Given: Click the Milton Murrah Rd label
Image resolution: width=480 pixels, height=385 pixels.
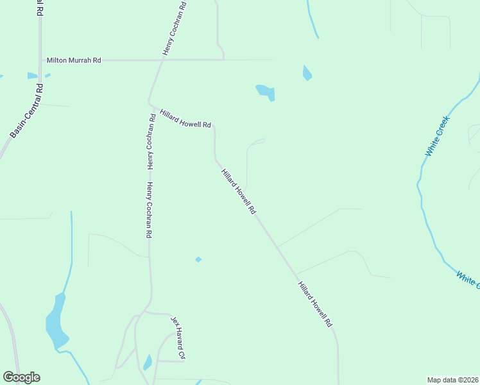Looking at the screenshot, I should coord(74,60).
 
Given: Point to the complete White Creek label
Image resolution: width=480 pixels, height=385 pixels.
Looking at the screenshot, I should coord(438,135).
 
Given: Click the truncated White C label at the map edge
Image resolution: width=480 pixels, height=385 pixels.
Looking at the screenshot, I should coord(468,279).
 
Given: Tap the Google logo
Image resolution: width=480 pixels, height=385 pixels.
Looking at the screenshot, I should coord(21,377).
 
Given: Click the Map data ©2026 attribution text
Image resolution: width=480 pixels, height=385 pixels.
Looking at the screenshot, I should coord(452,379).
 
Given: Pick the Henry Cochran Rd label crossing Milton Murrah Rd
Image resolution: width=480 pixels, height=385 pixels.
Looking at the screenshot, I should coord(173,29).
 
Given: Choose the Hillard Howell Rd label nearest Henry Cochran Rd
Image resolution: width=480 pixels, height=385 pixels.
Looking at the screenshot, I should coord(185,117).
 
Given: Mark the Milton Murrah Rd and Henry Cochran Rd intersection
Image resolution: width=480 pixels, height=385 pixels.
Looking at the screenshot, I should coord(161,60).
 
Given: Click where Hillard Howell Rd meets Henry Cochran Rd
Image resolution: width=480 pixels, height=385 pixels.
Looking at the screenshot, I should coord(150,101).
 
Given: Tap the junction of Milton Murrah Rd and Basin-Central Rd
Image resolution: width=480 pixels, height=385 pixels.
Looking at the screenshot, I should coord(40,60).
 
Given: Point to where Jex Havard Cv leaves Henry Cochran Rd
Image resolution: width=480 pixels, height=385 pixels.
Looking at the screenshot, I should coord(147,312).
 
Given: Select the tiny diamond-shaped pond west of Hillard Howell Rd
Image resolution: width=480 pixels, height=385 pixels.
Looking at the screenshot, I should coord(198,259).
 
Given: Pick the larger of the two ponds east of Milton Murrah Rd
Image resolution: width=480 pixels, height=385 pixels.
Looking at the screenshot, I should coord(266,92).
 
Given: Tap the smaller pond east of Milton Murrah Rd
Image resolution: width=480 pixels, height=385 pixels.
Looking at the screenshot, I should coord(307,73).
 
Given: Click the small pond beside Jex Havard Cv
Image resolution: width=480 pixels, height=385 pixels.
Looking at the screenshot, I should coord(148,363).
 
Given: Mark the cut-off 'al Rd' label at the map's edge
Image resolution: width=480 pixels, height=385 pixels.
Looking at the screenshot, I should coord(40,8).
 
